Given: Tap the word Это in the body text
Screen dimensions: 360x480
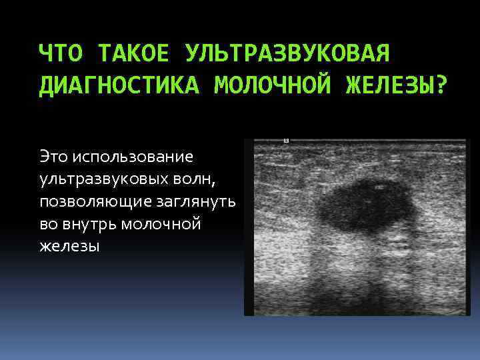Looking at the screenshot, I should [x=55, y=157].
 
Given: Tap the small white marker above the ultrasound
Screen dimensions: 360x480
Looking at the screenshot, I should [x=286, y=141].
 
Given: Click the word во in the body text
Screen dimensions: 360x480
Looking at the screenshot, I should [x=48, y=225].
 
